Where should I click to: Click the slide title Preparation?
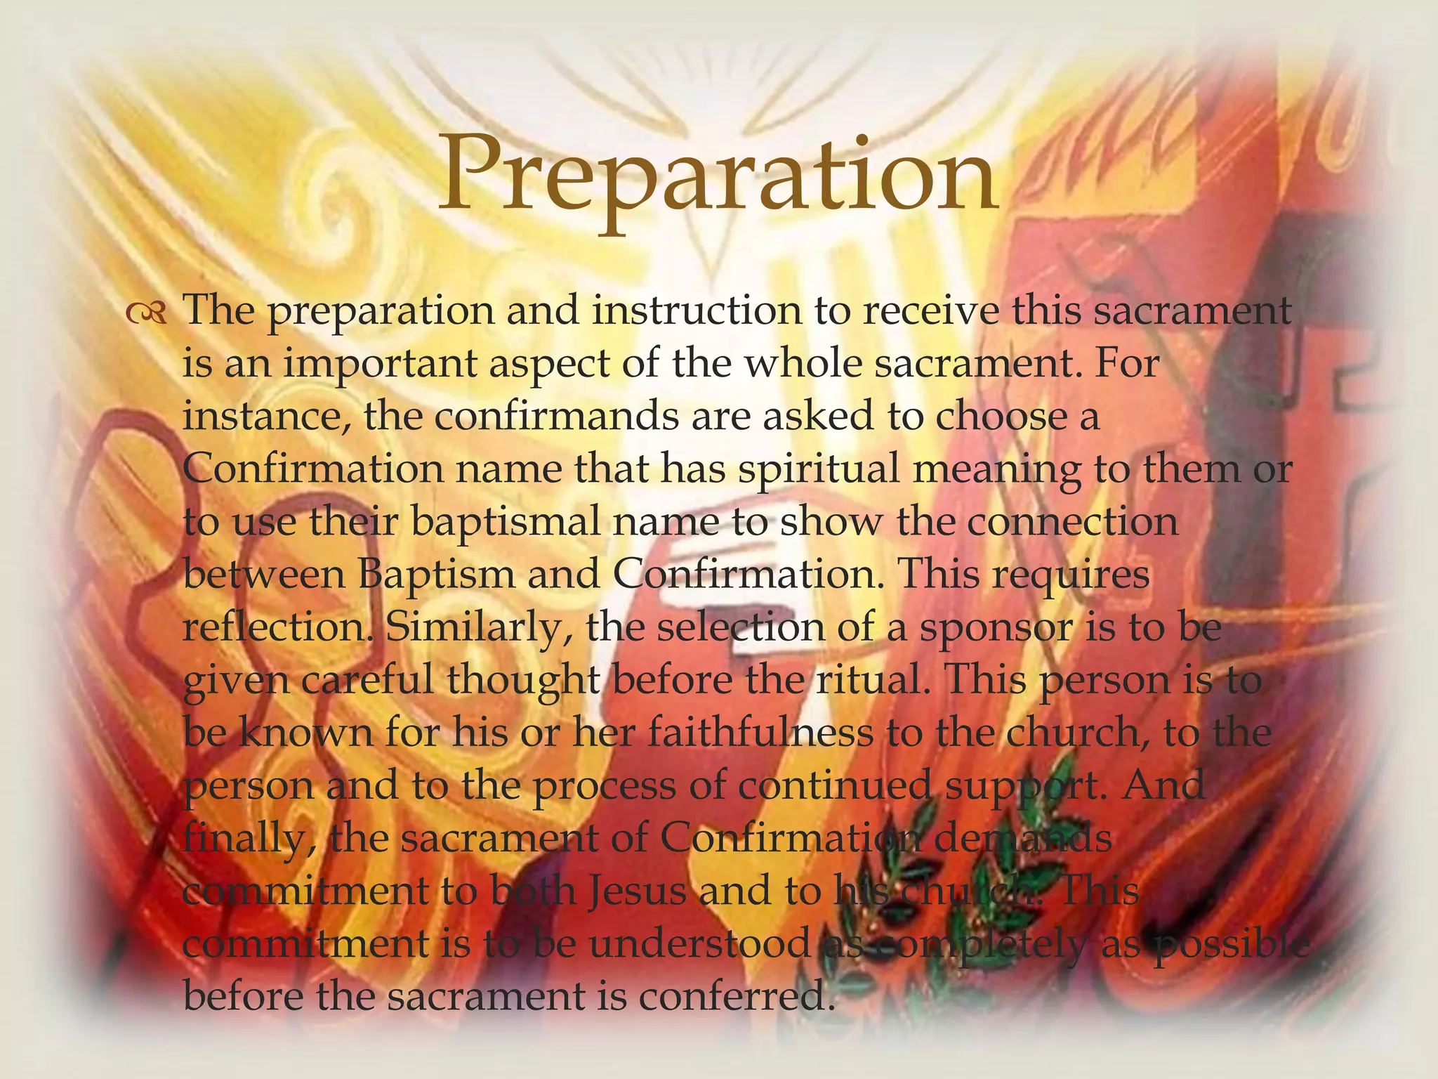[718, 176]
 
